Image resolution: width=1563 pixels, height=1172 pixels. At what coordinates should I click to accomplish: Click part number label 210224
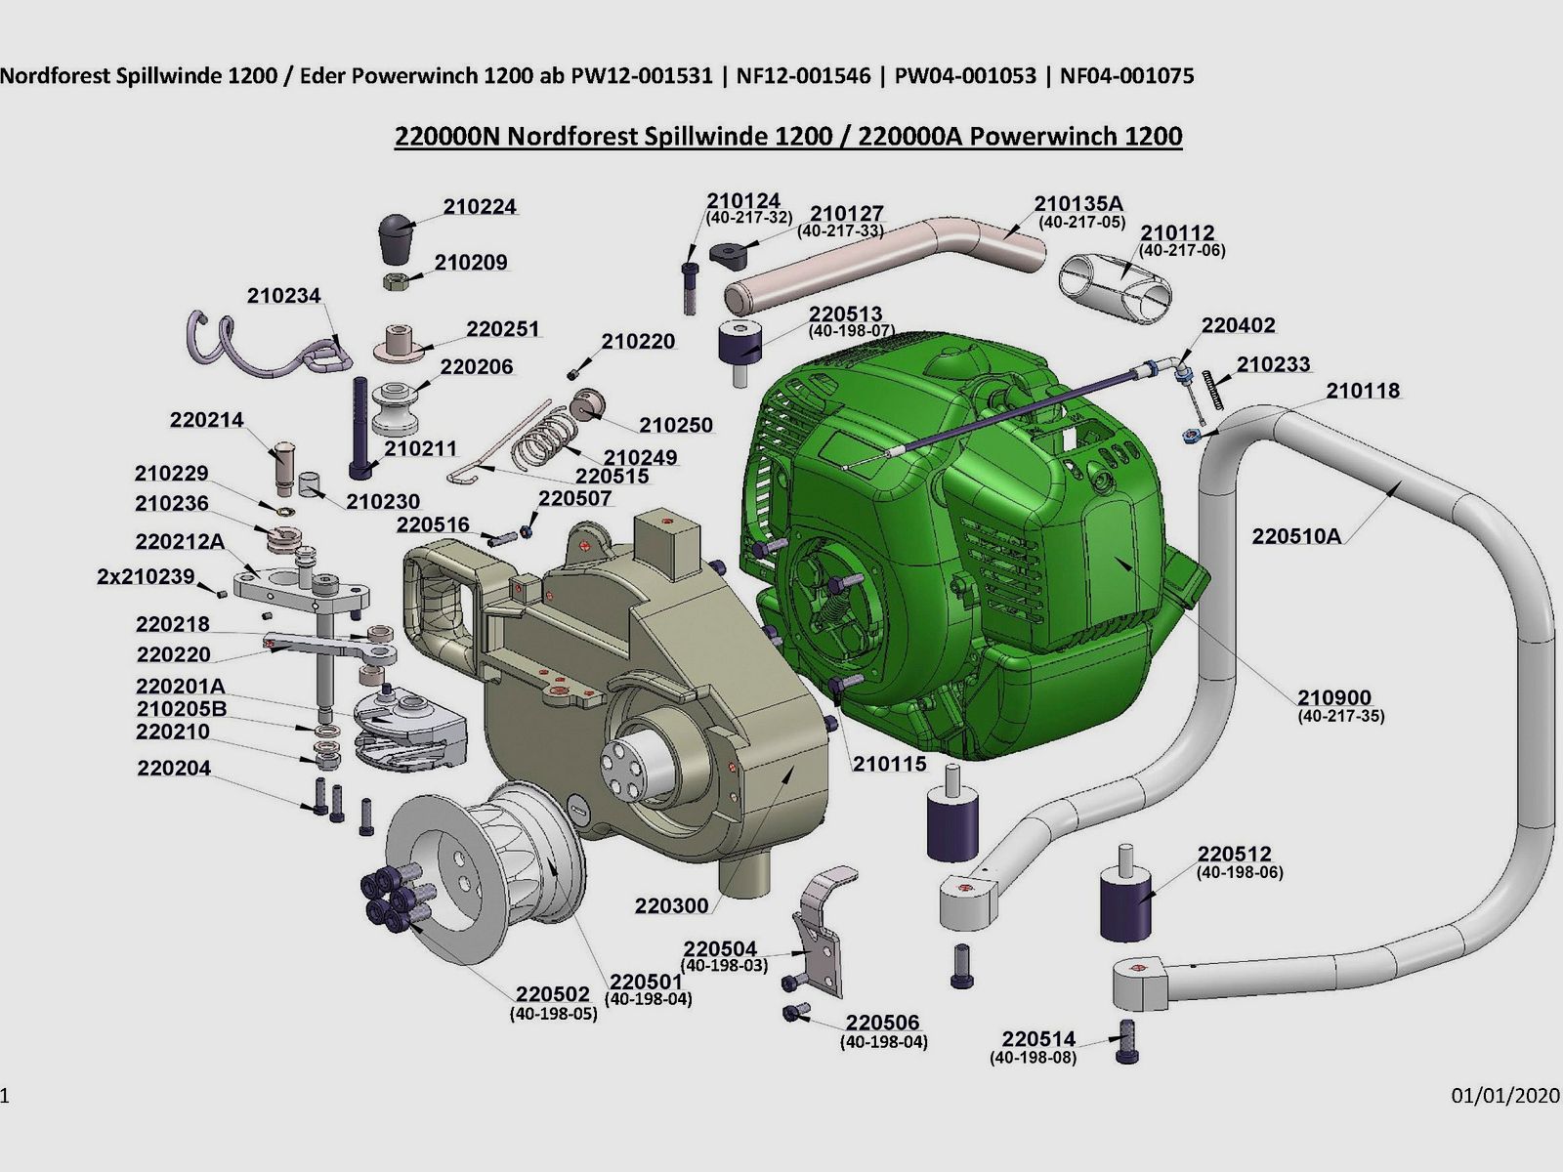click(x=479, y=207)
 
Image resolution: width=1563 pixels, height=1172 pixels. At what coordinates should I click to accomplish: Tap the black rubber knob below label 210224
click(x=396, y=237)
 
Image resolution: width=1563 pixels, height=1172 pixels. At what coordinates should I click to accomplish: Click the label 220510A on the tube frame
click(x=1296, y=536)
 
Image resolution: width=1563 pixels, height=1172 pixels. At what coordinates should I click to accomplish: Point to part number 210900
click(x=1333, y=697)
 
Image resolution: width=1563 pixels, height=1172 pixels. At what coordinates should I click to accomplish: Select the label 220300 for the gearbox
click(x=671, y=905)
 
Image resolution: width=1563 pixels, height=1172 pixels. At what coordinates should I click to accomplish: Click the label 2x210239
click(x=146, y=576)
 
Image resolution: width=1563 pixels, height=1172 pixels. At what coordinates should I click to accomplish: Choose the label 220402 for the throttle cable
click(x=1238, y=325)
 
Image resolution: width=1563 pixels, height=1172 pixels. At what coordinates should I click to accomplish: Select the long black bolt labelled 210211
click(x=358, y=430)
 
